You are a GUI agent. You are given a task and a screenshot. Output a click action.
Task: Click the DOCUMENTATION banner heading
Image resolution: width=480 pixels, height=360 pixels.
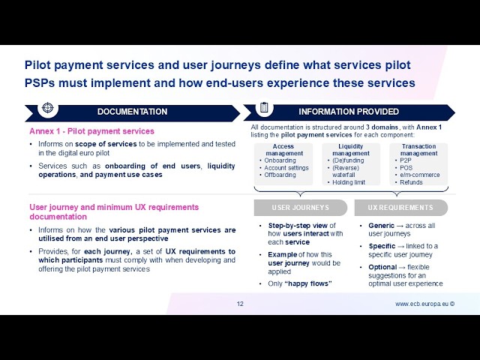(x=132, y=112)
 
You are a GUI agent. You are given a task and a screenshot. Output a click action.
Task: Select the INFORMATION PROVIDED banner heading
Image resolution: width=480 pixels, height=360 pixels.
(x=349, y=112)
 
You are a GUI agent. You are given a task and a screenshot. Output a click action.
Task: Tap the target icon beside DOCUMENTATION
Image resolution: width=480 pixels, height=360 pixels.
(x=48, y=108)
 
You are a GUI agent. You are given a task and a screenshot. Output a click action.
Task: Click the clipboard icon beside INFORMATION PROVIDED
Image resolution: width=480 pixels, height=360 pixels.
(x=264, y=107)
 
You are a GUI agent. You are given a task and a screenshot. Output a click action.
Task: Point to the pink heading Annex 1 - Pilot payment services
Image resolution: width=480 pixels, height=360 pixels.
(x=91, y=131)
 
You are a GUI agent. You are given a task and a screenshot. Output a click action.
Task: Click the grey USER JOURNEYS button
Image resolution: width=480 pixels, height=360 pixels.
(x=301, y=208)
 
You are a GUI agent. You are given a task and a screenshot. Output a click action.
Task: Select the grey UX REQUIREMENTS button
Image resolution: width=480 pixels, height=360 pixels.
(x=401, y=208)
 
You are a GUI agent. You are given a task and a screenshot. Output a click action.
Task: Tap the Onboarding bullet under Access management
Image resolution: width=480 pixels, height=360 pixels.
(x=280, y=160)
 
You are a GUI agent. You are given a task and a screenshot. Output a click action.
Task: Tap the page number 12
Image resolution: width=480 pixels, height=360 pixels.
(x=240, y=304)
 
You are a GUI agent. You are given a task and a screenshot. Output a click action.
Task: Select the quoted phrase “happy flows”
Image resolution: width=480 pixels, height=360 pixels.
(x=308, y=283)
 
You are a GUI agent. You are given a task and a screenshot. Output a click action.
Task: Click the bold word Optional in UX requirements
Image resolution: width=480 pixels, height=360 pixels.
(x=382, y=267)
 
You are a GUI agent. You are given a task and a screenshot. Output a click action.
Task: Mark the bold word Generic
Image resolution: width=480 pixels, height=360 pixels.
(x=382, y=226)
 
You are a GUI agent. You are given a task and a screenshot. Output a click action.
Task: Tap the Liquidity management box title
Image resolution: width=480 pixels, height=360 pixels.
(x=351, y=150)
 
